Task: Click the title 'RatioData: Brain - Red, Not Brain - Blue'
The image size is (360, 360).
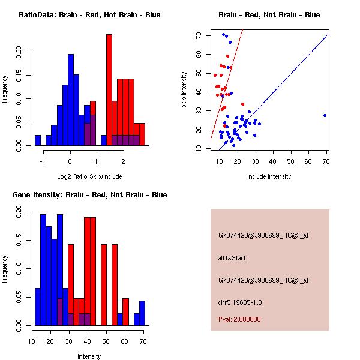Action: click(x=89, y=15)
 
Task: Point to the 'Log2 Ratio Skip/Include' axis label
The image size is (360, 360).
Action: click(x=89, y=176)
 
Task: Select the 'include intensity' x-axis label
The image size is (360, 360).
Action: click(x=269, y=176)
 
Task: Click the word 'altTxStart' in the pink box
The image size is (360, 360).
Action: click(x=232, y=258)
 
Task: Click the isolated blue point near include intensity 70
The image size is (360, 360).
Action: click(x=325, y=115)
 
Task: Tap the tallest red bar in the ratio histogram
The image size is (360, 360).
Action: click(x=109, y=90)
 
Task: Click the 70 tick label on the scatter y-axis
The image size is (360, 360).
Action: click(x=199, y=36)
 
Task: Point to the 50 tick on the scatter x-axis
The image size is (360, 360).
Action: click(x=290, y=161)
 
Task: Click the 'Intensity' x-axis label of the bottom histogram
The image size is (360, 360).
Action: click(x=89, y=356)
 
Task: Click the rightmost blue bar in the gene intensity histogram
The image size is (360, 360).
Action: click(x=142, y=313)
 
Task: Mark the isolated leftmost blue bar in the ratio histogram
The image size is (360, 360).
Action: click(x=38, y=140)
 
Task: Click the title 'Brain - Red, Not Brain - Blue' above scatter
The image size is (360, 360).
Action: click(x=269, y=15)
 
